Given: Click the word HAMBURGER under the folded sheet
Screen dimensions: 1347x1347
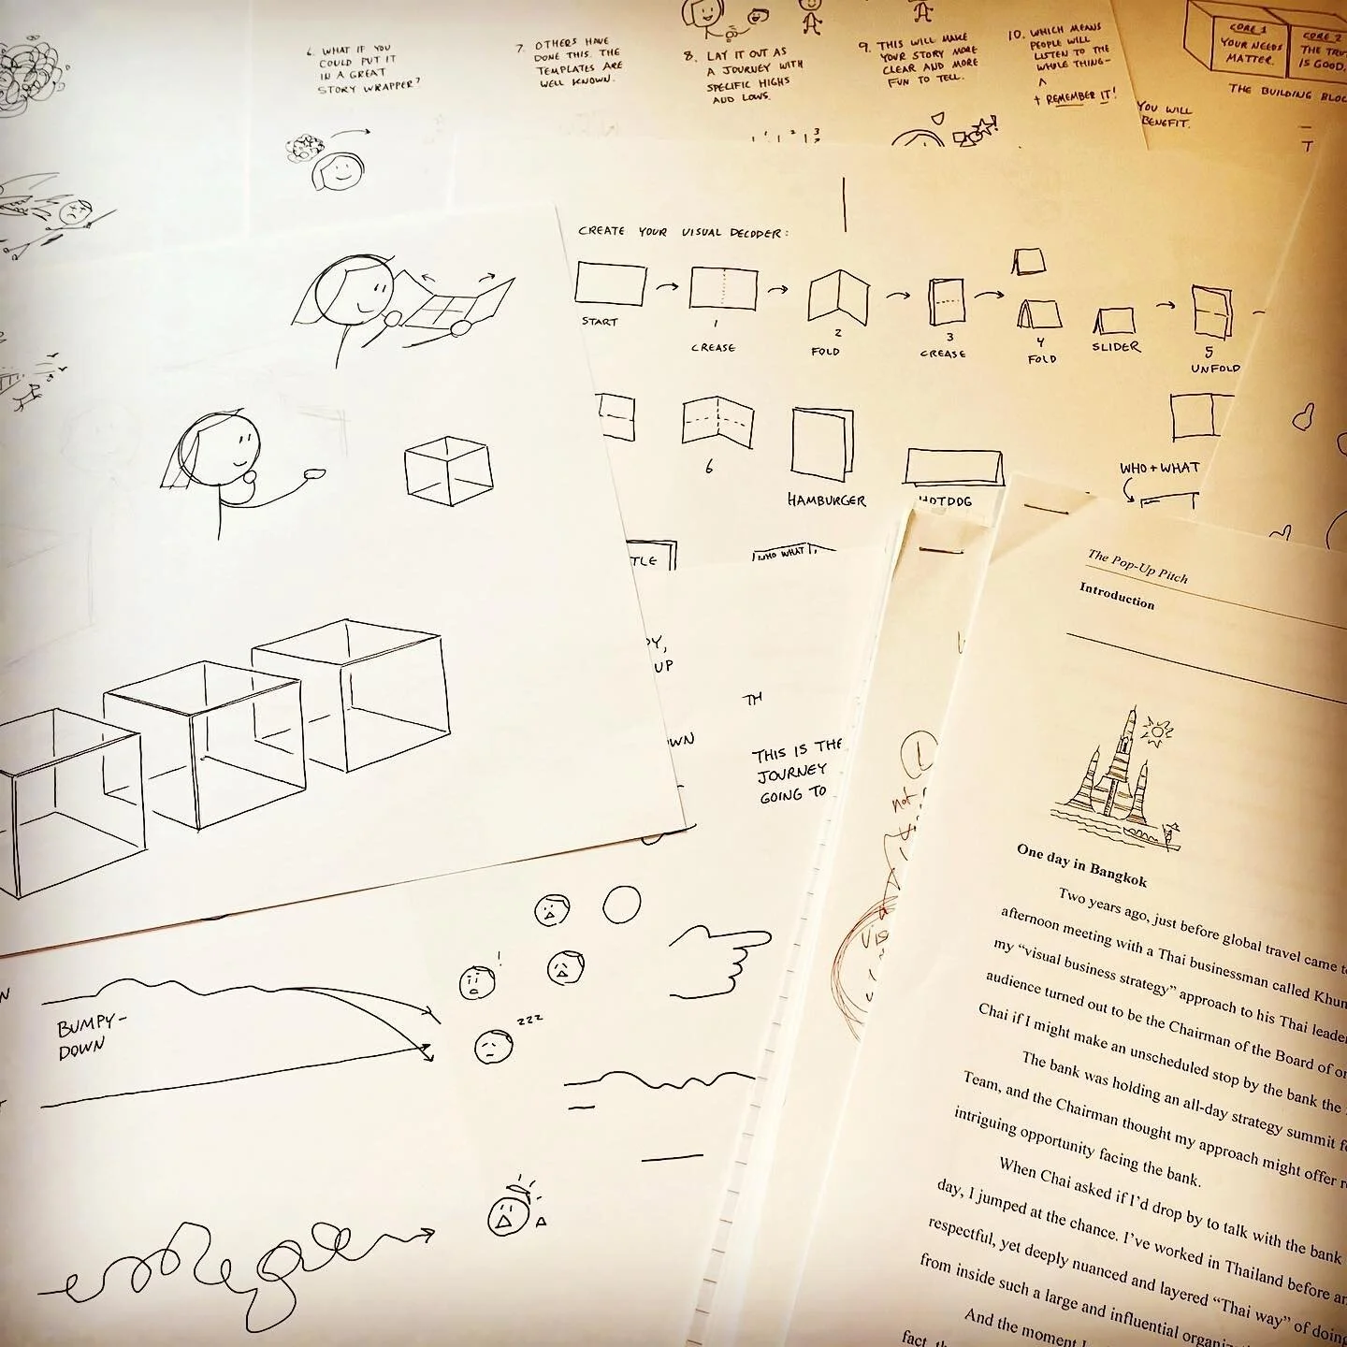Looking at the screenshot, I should pyautogui.click(x=826, y=500).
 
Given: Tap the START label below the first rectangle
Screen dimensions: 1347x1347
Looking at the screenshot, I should pyautogui.click(x=600, y=322).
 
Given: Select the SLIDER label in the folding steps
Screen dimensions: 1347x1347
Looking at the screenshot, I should pyautogui.click(x=1116, y=346).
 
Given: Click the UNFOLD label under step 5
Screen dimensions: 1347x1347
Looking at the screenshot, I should pyautogui.click(x=1215, y=368).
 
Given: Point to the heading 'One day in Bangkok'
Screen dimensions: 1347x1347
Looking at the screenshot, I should pyautogui.click(x=1081, y=866).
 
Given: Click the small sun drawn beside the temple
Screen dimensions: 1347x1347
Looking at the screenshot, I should pyautogui.click(x=1161, y=731).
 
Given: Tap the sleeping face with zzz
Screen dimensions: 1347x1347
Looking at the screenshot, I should pyautogui.click(x=493, y=1046).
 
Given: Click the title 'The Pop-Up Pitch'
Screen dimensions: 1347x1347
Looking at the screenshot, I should pyautogui.click(x=1137, y=566).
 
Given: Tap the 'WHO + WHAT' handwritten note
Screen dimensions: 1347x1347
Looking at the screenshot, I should pyautogui.click(x=1159, y=467).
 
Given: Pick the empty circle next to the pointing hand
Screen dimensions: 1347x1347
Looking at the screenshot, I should pyautogui.click(x=621, y=905).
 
